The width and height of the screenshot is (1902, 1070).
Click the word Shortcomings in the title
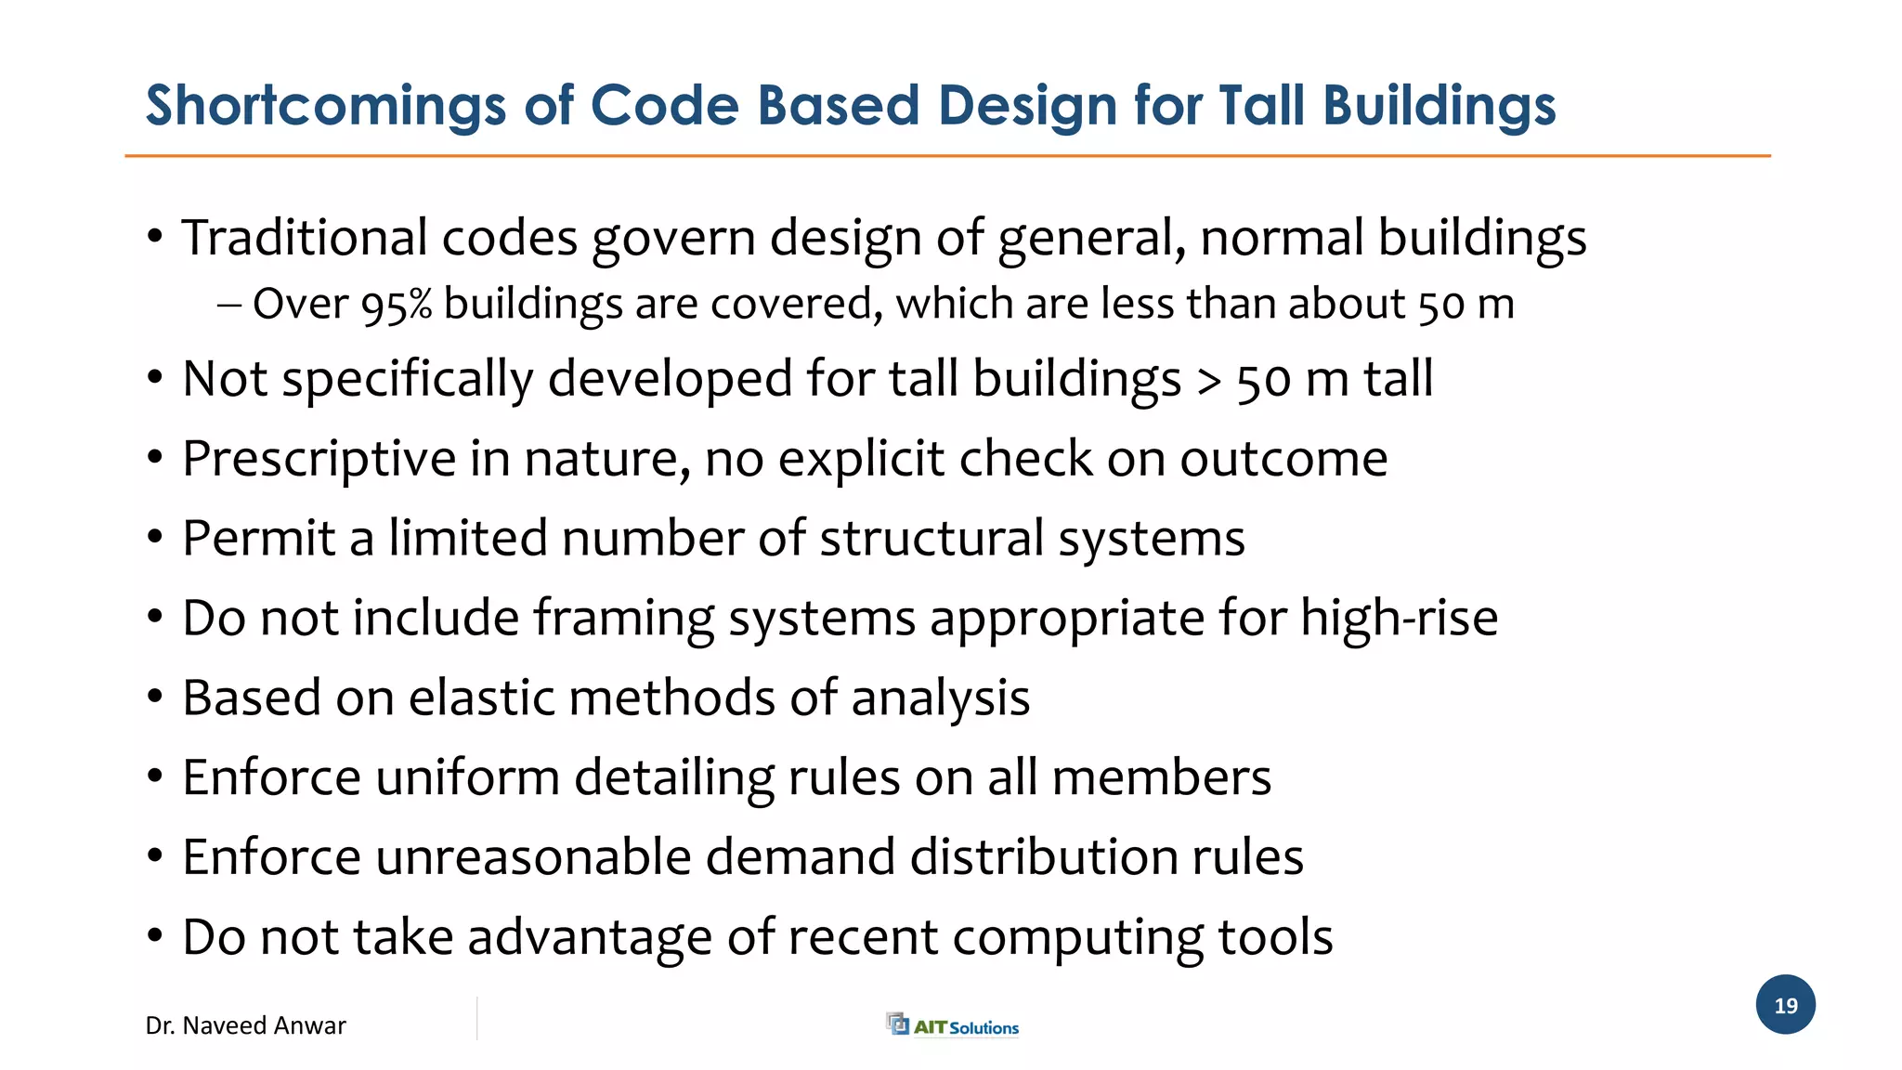point(326,106)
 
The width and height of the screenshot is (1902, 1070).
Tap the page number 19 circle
point(1785,1005)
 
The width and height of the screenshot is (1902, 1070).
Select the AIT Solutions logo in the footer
point(953,1025)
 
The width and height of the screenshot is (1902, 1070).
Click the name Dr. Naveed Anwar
point(245,1025)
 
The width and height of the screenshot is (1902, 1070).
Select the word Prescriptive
point(319,459)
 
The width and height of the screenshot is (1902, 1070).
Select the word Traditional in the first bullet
point(305,238)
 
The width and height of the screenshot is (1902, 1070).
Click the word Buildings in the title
point(1439,106)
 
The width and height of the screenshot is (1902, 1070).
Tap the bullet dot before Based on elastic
point(155,697)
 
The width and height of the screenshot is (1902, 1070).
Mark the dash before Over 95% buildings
point(229,305)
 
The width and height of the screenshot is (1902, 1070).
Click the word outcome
point(1283,459)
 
